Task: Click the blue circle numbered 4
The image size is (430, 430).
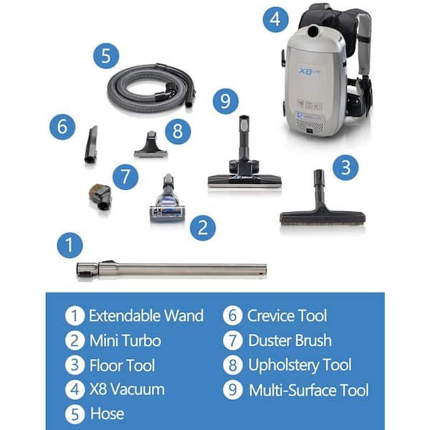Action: pos(276,19)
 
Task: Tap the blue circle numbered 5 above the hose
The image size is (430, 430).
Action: pos(106,56)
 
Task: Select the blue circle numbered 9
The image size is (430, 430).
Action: pos(226,101)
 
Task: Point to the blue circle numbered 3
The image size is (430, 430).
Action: pos(345,168)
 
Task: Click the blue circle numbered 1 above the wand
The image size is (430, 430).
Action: pos(70,245)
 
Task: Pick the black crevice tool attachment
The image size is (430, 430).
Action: pos(91,145)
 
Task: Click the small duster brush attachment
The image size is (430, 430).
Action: pos(100,197)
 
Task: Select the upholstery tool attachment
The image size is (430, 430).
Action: pos(150,145)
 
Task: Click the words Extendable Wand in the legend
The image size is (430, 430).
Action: pos(146,315)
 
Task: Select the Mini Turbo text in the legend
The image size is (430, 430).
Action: pos(125,340)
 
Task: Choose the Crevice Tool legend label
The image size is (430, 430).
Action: pos(287,315)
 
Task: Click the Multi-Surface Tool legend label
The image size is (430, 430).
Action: pos(309,391)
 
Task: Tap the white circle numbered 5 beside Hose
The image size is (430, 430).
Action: pos(75,414)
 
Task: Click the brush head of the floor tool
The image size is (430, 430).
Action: pos(322,218)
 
